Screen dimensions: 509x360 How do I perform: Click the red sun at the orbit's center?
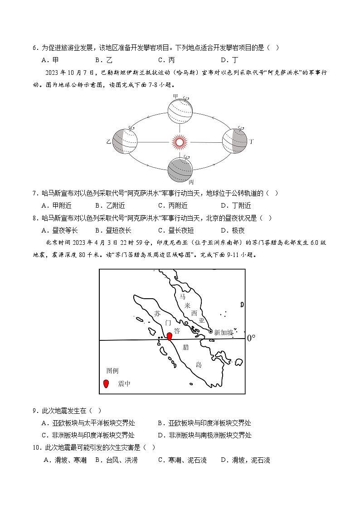(179, 142)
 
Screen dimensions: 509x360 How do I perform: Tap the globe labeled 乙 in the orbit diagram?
(125, 142)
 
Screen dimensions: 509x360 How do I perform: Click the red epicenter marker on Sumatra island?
(170, 336)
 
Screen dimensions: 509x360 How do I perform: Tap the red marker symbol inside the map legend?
(106, 384)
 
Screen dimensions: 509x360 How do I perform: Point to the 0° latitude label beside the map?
(251, 338)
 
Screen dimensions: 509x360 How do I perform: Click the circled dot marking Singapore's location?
(210, 332)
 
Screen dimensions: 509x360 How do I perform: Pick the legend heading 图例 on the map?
(112, 371)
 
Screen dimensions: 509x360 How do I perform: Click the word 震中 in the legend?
(124, 384)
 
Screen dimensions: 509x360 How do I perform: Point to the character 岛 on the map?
(199, 364)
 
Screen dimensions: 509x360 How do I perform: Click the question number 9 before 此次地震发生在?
(35, 411)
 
